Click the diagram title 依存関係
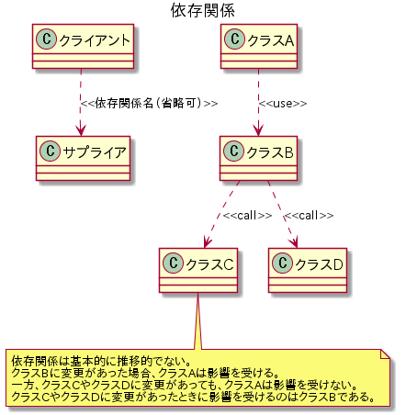(203, 10)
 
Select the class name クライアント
(95, 40)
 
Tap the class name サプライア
(95, 152)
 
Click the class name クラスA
(271, 40)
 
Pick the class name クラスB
(270, 152)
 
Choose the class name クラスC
(209, 264)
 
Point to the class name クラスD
(319, 264)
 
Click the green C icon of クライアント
(47, 39)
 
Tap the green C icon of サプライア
(51, 151)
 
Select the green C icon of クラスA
(235, 39)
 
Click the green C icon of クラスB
(234, 151)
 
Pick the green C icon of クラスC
(174, 264)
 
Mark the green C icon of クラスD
(283, 264)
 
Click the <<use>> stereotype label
(283, 104)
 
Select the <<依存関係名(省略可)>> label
(149, 103)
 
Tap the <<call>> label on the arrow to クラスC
(247, 216)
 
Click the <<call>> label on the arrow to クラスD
(310, 216)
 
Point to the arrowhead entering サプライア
(81, 131)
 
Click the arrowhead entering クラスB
(258, 131)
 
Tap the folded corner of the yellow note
(385, 353)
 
